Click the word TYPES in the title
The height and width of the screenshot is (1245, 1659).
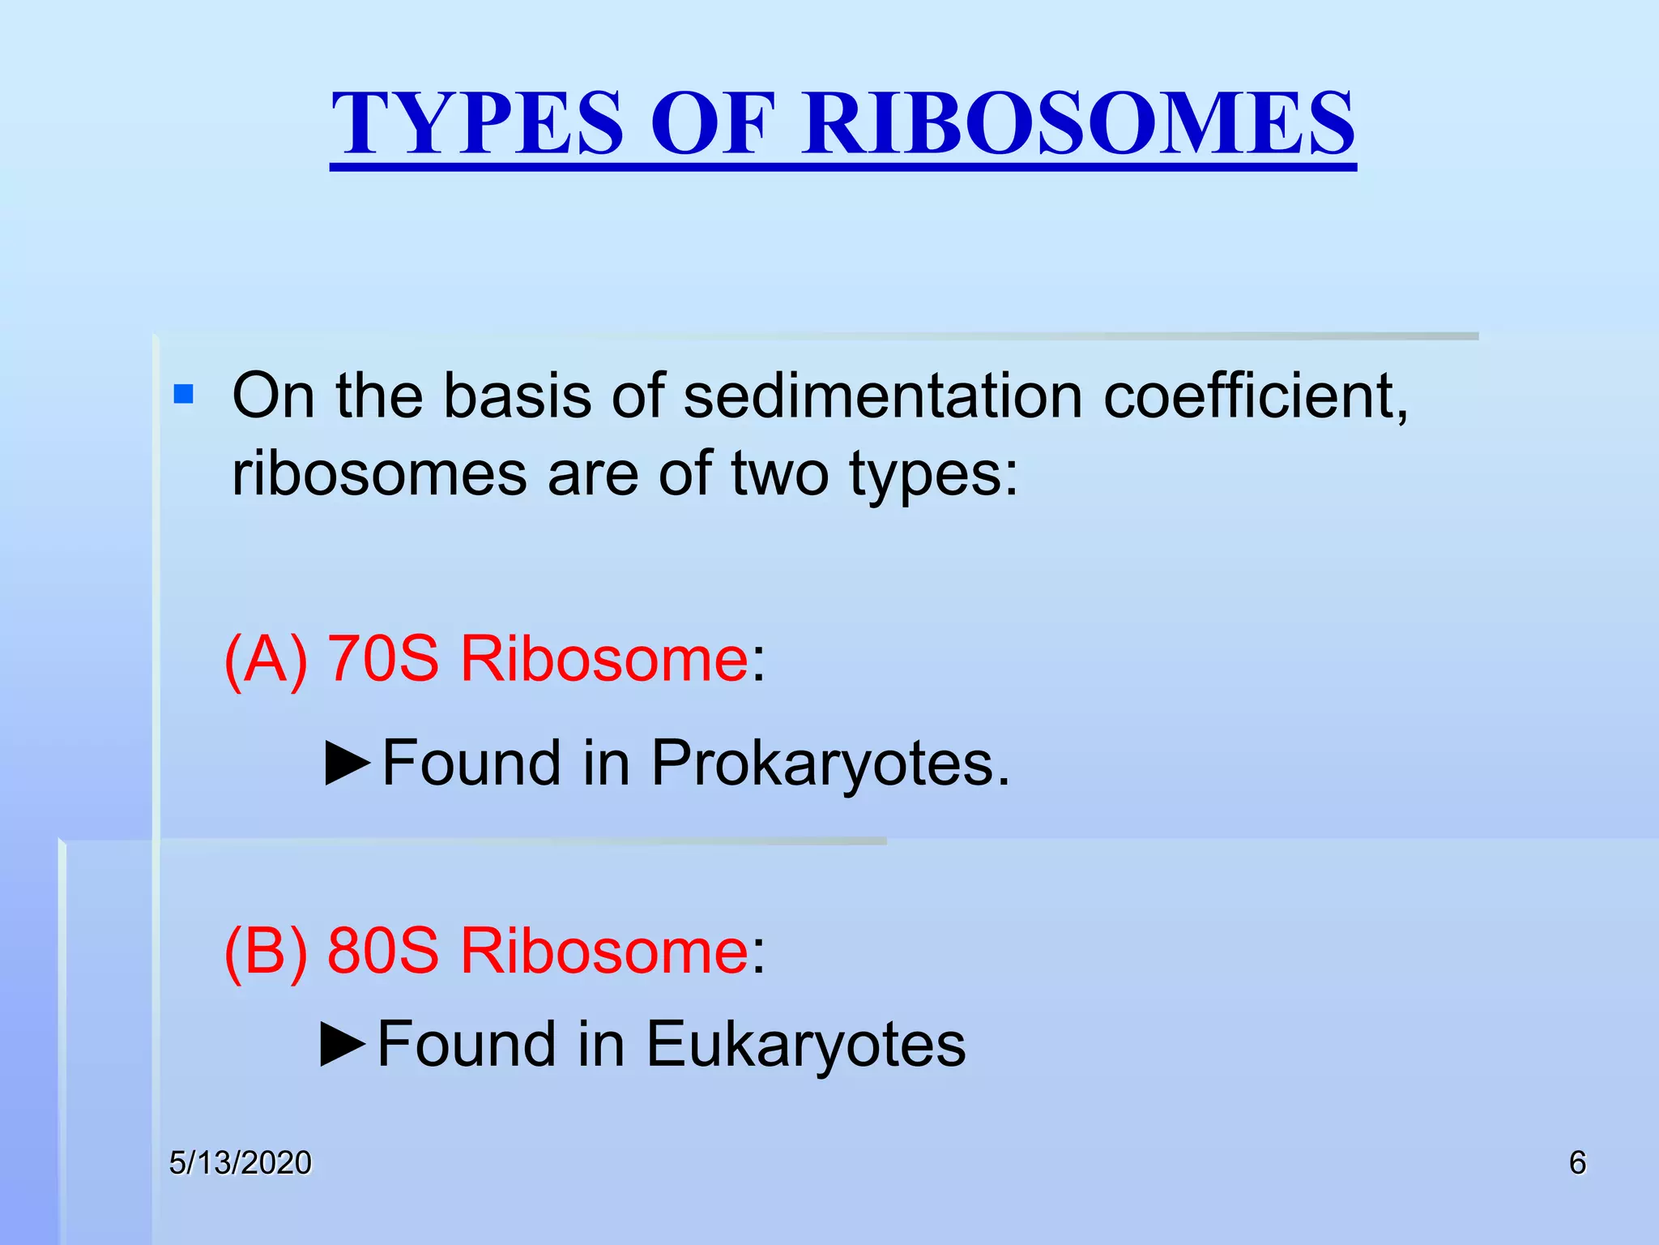[x=478, y=124]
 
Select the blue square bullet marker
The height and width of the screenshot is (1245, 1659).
[x=184, y=395]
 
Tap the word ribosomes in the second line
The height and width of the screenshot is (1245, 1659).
[x=379, y=473]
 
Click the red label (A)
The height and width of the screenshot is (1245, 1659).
[x=266, y=659]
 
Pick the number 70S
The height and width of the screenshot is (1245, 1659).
[x=383, y=659]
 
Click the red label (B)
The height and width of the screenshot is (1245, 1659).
[x=266, y=951]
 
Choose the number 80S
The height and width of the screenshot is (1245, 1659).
[x=383, y=951]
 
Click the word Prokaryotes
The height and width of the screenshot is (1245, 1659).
[x=830, y=764]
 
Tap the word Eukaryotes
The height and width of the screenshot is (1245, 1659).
[x=805, y=1045]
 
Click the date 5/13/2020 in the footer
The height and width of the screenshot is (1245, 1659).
[x=240, y=1163]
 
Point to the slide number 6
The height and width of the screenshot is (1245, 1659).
[x=1577, y=1163]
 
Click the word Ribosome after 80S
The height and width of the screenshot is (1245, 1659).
[x=604, y=951]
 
